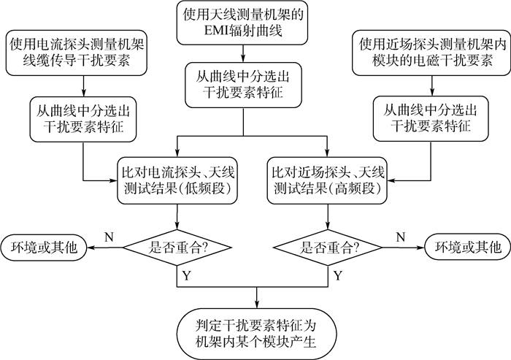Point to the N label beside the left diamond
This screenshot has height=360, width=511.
click(109, 237)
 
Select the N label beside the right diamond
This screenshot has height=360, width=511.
click(399, 237)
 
